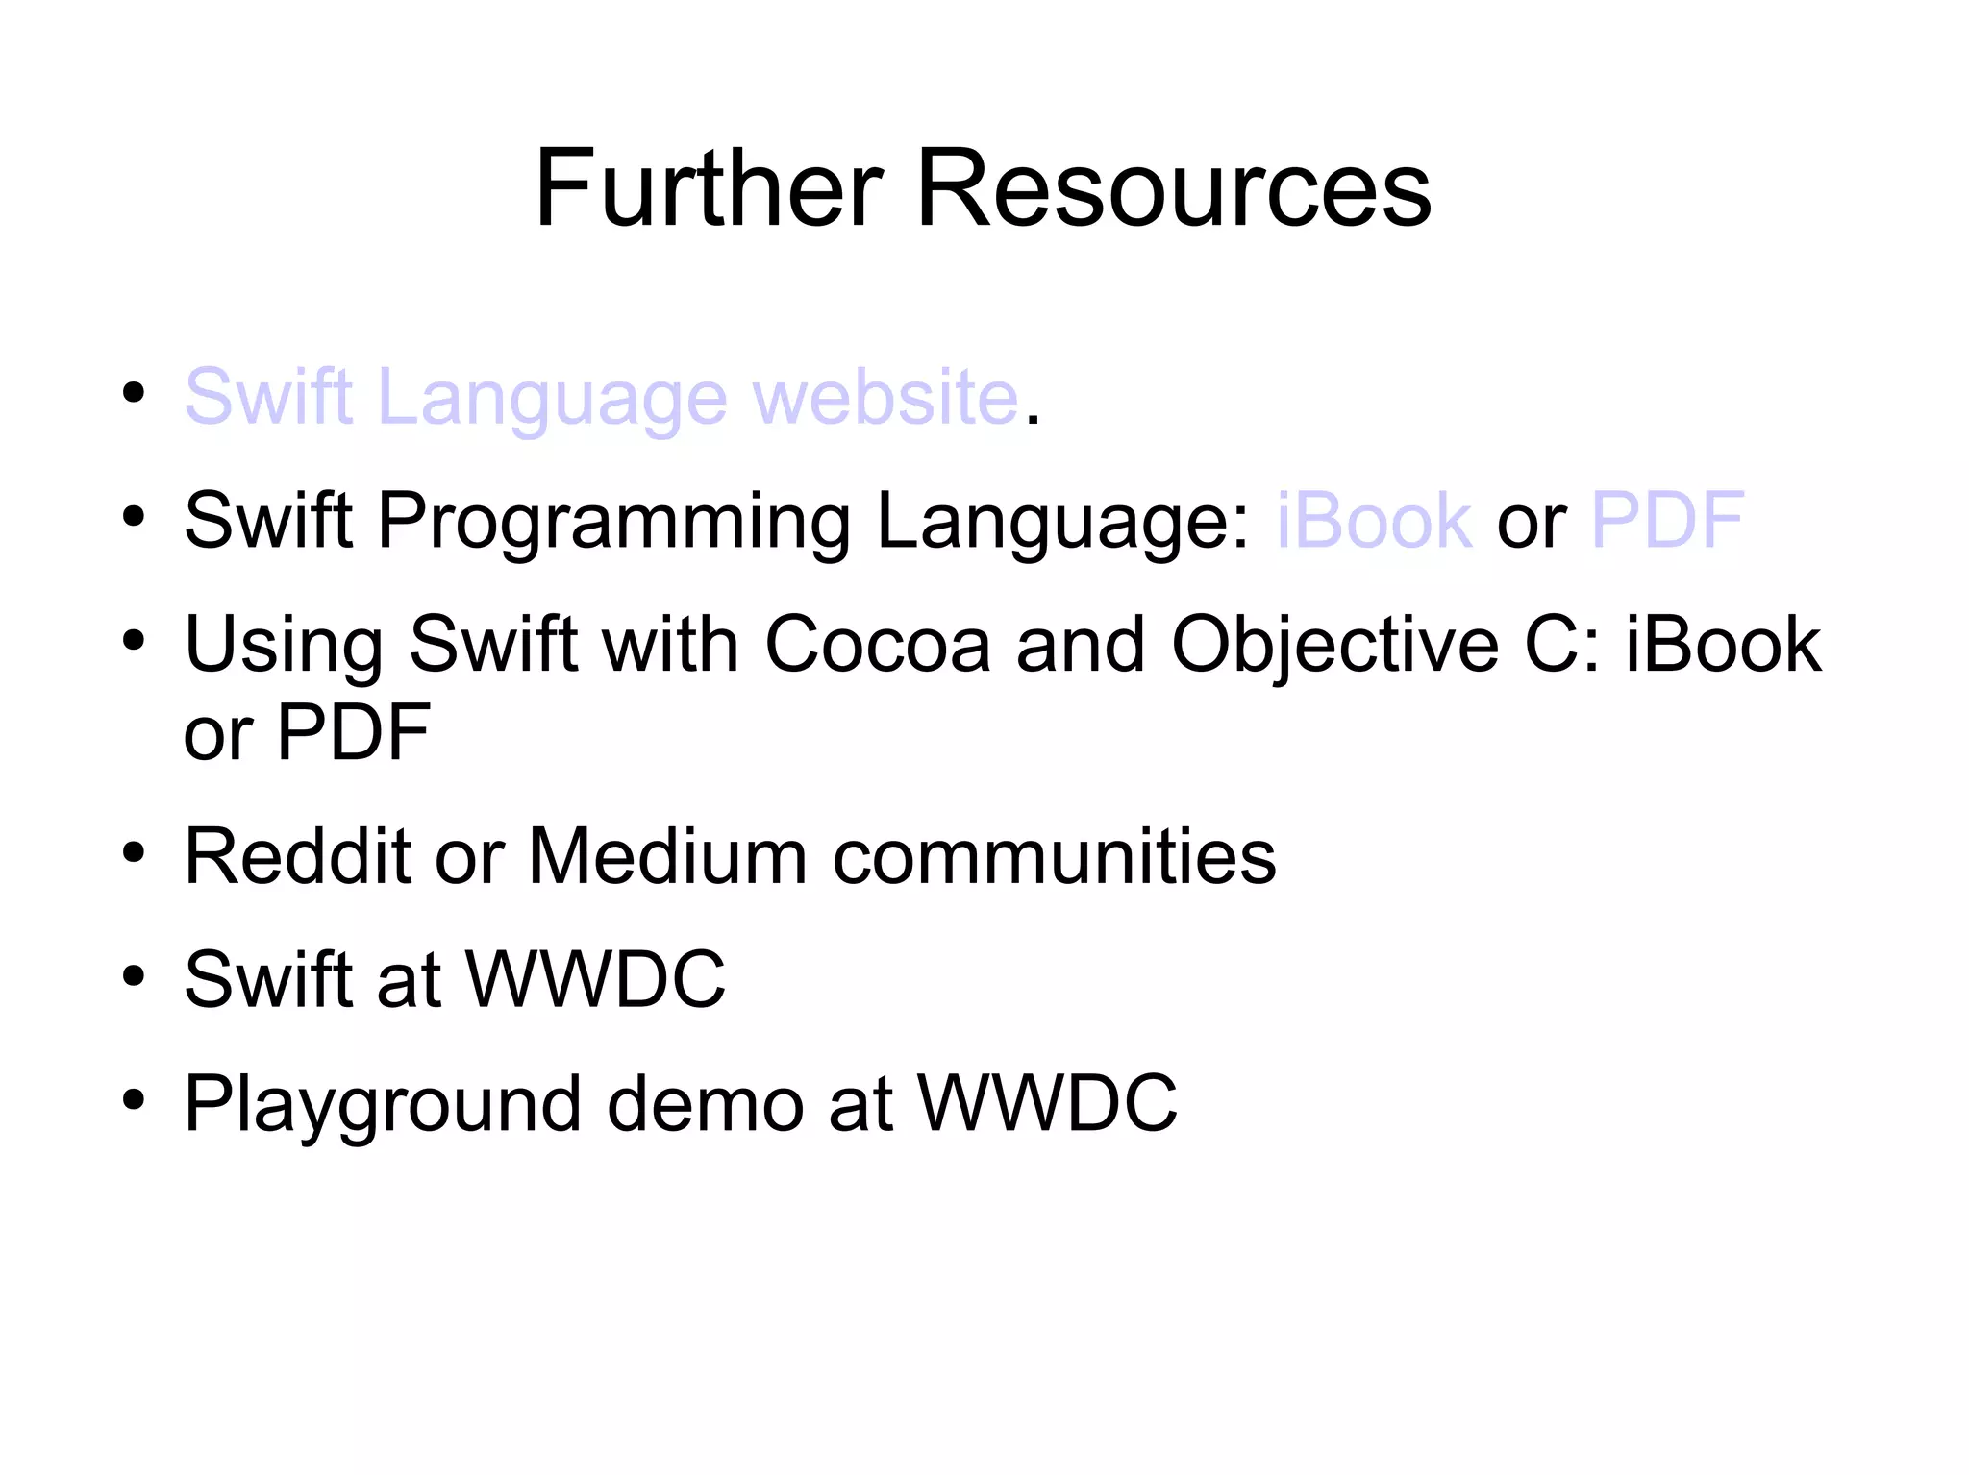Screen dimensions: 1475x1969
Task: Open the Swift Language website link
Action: pos(601,397)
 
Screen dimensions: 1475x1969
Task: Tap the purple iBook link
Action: pos(1374,520)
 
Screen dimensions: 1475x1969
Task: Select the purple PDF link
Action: pos(1668,520)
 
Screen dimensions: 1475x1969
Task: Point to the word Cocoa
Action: pos(877,644)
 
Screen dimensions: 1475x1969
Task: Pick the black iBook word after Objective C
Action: pos(1723,644)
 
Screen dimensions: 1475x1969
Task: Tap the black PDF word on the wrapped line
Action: pos(353,732)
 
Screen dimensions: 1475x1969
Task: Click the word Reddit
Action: pos(297,855)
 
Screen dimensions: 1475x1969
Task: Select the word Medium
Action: pos(667,855)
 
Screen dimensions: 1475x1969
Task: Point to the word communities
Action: pos(1054,855)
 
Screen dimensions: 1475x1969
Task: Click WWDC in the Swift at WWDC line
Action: pos(596,979)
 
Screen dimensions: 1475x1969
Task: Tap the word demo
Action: pos(705,1103)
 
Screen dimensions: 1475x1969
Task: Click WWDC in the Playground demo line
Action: pos(1047,1103)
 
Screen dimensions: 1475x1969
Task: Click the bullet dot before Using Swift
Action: pos(134,640)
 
